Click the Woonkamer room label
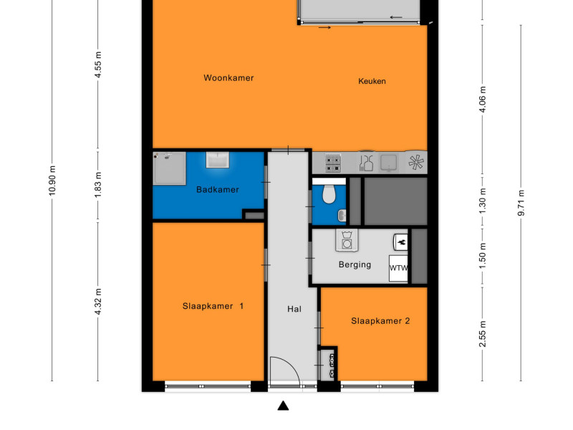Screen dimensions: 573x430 point(228,78)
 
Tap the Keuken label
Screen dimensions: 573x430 point(372,81)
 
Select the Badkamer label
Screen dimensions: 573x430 point(218,189)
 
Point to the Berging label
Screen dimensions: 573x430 point(355,264)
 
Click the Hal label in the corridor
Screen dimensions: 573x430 point(294,309)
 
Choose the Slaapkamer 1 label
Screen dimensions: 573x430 point(213,306)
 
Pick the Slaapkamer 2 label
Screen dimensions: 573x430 point(380,321)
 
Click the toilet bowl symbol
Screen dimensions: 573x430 point(329,194)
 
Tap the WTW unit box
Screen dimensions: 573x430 point(398,268)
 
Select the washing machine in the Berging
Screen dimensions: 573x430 point(347,240)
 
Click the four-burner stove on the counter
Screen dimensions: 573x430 point(333,163)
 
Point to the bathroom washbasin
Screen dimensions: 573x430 point(218,160)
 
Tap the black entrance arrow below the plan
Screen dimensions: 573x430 point(283,406)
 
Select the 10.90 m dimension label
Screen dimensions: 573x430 point(52,181)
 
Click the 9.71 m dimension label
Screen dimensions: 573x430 point(521,203)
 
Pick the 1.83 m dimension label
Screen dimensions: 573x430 point(97,185)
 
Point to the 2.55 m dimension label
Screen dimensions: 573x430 point(482,334)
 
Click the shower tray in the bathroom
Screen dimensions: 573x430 point(169,168)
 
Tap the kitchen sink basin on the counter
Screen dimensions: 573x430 point(389,163)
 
